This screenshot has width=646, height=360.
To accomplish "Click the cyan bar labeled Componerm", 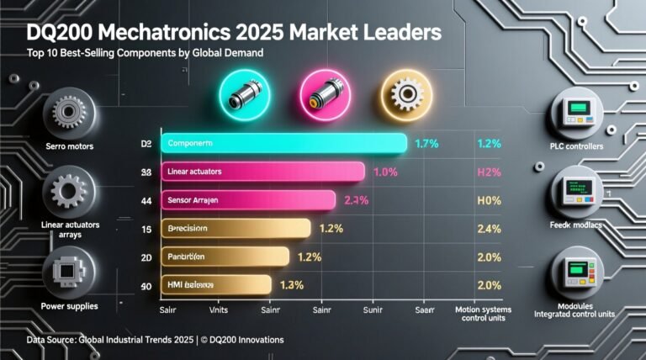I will click(x=283, y=144).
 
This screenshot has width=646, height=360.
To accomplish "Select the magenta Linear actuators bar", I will click(x=262, y=172).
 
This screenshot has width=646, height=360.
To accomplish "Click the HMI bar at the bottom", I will click(x=214, y=284).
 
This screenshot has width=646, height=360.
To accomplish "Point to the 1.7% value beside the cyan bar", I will click(x=427, y=144).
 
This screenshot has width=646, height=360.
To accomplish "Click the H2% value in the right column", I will click(x=489, y=172).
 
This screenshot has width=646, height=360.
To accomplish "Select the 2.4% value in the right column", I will click(x=489, y=229).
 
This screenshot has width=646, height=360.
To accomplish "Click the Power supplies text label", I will click(x=70, y=306).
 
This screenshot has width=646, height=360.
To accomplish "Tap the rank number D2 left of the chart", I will click(x=146, y=145).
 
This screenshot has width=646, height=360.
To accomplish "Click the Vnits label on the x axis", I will click(x=219, y=310).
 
